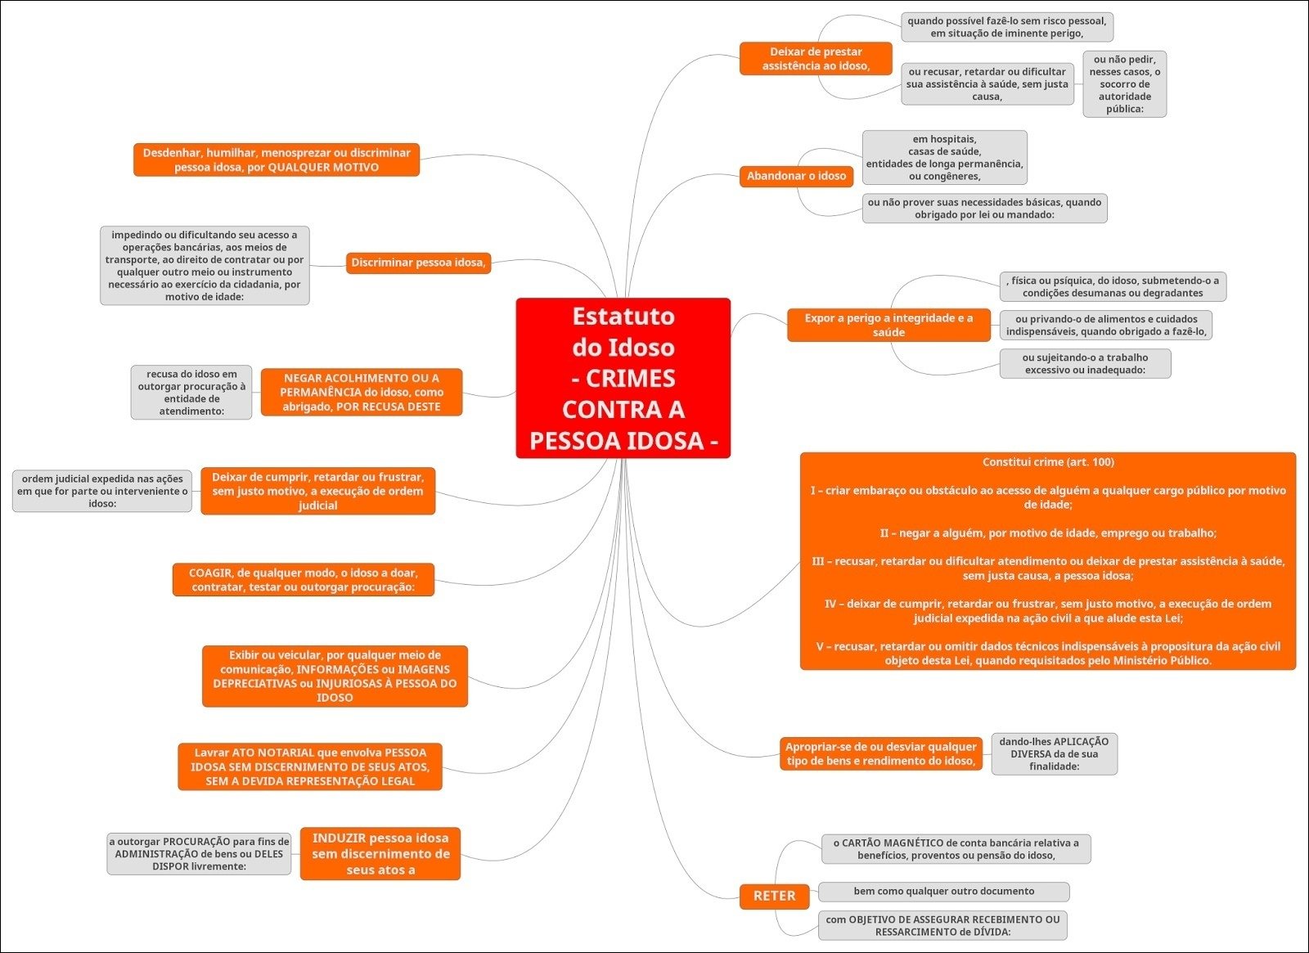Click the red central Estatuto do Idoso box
click(x=623, y=378)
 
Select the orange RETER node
click(x=774, y=896)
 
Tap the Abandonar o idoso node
click(x=796, y=176)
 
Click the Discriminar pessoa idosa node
click(x=418, y=263)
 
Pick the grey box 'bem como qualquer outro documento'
click(x=943, y=892)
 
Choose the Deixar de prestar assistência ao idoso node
click(x=816, y=59)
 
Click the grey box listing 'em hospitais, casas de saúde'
click(x=944, y=158)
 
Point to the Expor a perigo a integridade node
click(x=888, y=325)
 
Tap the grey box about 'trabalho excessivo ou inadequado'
click(x=1085, y=364)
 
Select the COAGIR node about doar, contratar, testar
click(x=303, y=580)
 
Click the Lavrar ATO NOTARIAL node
click(x=310, y=766)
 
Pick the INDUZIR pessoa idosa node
click(x=380, y=853)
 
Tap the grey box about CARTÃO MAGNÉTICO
click(x=956, y=849)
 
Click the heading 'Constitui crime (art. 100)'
click(x=1048, y=462)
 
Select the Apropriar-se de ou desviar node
click(x=880, y=753)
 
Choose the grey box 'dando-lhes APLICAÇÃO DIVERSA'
click(x=1054, y=753)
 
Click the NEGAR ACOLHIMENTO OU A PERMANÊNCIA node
click(x=362, y=393)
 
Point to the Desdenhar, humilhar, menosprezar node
click(x=277, y=160)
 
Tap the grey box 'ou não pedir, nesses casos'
click(x=1124, y=84)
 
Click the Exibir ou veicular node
click(x=335, y=677)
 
